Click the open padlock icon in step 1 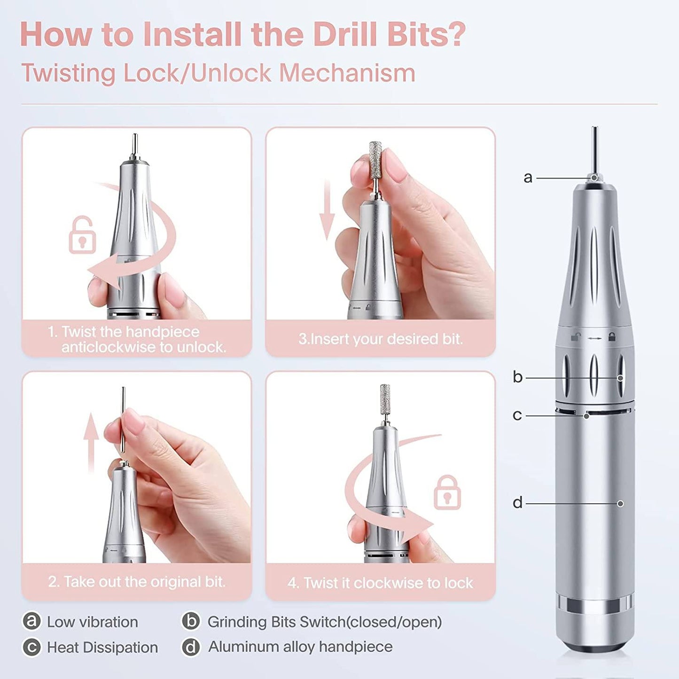(x=82, y=236)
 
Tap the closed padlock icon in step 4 (x=447, y=493)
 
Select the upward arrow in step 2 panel (x=91, y=442)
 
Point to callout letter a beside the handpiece (x=528, y=178)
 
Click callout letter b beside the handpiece (x=517, y=377)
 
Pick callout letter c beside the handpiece (x=517, y=415)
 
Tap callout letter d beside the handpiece (x=517, y=503)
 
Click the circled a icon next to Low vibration (x=31, y=621)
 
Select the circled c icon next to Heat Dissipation (x=31, y=647)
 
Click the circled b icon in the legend (x=191, y=621)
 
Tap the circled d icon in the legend (x=191, y=647)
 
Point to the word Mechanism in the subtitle (x=347, y=73)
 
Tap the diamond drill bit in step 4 (x=385, y=399)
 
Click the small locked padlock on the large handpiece (x=612, y=337)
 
